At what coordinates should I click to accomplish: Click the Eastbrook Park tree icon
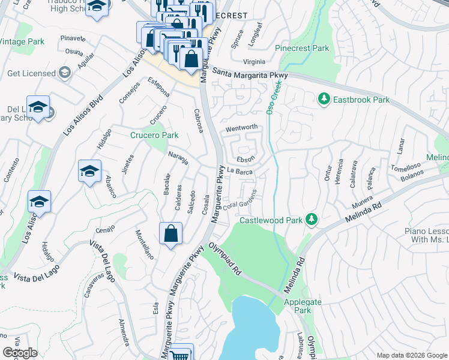coord(324,98)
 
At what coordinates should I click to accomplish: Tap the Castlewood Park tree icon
coord(311,220)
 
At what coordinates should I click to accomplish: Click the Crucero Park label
coord(154,135)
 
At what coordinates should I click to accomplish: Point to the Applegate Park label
coord(298,306)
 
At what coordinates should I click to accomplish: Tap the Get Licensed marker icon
coord(65,73)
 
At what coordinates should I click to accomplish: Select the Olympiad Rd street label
coord(225,259)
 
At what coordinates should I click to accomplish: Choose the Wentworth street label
coord(241,127)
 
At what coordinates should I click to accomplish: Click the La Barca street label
coord(239,172)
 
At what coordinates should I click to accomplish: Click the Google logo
coord(20,353)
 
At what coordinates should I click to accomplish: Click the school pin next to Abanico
coord(89,171)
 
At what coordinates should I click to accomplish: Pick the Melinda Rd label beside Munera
coord(364,214)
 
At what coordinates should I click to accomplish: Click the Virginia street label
coord(254,62)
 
